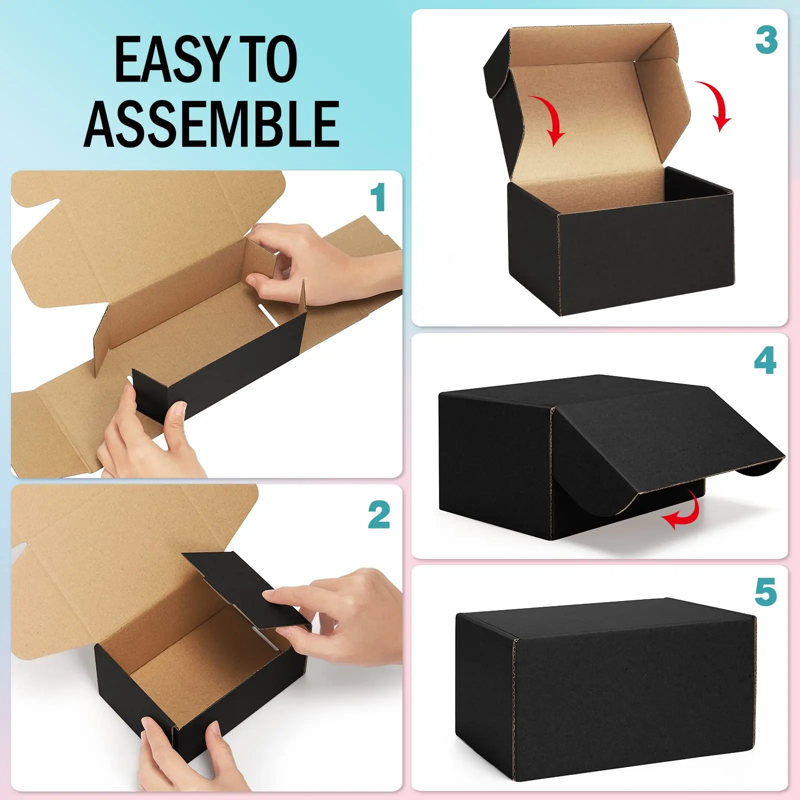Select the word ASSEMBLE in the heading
pyautogui.click(x=212, y=123)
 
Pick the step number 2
pyautogui.click(x=379, y=515)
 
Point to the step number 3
pyautogui.click(x=766, y=40)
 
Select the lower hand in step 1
pyautogui.click(x=145, y=435)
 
